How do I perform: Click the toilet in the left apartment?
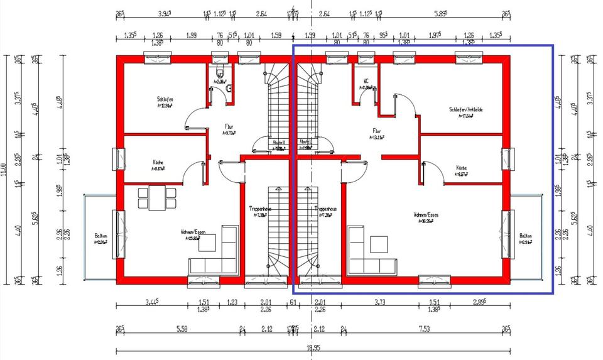219,70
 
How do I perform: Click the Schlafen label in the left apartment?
165,99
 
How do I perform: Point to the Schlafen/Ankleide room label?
465,109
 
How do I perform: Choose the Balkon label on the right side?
525,237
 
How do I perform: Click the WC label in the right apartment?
366,81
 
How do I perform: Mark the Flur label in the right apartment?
377,131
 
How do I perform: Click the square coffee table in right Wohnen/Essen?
379,243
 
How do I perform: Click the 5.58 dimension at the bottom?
182,328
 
